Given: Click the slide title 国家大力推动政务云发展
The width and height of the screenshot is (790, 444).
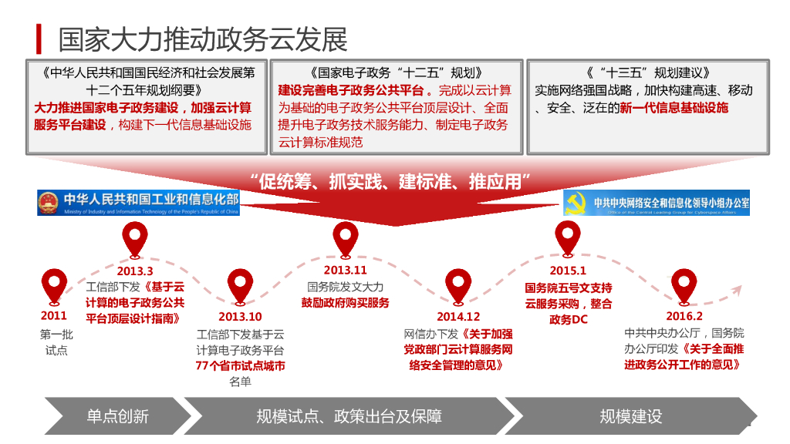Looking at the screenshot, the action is tap(203, 39).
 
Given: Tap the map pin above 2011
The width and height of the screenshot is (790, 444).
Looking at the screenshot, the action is tap(54, 285).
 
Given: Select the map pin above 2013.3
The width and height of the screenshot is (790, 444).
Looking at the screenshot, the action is tap(135, 238).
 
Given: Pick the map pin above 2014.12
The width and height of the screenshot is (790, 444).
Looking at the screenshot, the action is tap(457, 285).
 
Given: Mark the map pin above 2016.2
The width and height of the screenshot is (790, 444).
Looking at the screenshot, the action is tap(684, 285).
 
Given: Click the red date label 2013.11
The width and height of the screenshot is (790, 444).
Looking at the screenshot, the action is tap(345, 271).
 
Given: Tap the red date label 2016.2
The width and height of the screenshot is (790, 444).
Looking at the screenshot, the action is tap(684, 316).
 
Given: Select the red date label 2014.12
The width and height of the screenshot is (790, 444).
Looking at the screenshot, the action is tap(458, 316).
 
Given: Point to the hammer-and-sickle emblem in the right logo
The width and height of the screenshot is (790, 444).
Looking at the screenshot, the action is tap(576, 203).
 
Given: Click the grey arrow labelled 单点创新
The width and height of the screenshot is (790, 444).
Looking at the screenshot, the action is tap(116, 416).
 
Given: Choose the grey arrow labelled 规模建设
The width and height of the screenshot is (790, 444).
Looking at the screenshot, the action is tap(631, 416).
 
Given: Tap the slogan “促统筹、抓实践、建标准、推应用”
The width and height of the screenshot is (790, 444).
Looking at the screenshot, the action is tap(391, 183).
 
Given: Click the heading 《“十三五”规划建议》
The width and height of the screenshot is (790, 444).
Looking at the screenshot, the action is tap(647, 73).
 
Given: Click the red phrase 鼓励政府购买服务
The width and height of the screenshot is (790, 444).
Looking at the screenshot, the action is tap(345, 303).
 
